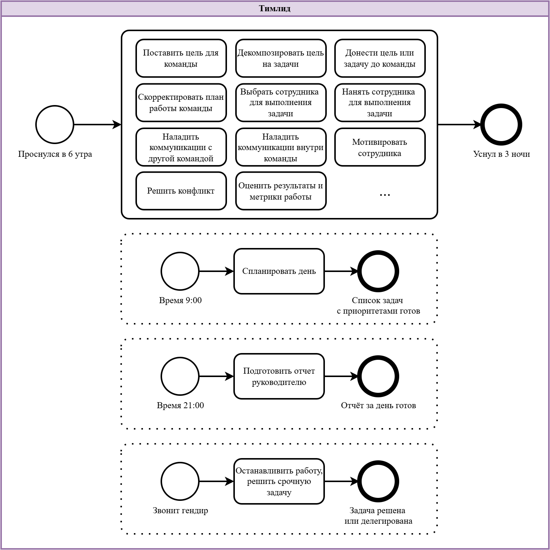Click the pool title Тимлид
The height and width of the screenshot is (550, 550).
[x=275, y=9]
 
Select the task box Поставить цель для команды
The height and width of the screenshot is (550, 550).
[x=181, y=58]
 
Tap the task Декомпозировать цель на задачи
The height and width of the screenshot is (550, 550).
[x=281, y=58]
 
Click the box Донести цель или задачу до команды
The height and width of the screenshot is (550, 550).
[x=380, y=58]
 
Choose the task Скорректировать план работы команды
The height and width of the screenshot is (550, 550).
[x=181, y=102]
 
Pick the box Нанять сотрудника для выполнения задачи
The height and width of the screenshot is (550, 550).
[x=380, y=102]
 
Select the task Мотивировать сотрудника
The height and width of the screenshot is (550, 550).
[x=380, y=147]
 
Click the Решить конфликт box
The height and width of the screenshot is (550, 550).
[x=181, y=191]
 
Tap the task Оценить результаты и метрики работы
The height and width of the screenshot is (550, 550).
[x=281, y=191]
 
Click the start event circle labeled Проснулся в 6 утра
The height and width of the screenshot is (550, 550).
[x=55, y=125]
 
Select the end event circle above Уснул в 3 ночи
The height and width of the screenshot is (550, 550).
[x=501, y=125]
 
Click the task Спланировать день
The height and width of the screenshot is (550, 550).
[x=279, y=271]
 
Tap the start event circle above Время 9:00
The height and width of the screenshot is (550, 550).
[x=180, y=271]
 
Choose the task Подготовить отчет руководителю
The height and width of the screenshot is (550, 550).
[x=279, y=376]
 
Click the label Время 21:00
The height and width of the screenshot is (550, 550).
[x=180, y=405]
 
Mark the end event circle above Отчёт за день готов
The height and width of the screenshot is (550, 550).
[x=378, y=376]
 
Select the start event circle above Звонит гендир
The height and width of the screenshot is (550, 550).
[x=180, y=481]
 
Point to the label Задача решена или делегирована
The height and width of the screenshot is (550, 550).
[x=378, y=515]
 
